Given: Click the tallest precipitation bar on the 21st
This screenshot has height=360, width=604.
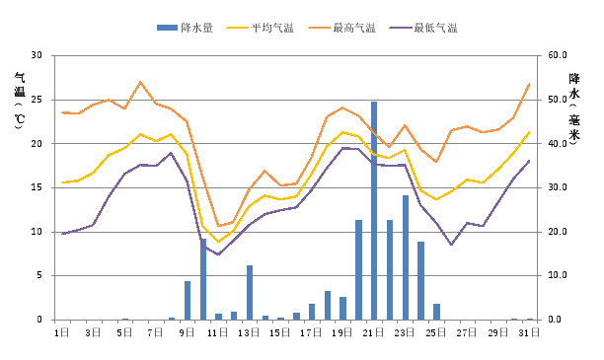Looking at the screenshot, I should tap(374, 211).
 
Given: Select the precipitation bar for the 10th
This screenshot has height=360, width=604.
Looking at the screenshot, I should tap(203, 279).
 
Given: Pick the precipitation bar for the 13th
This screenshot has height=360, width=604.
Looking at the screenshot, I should tap(250, 293).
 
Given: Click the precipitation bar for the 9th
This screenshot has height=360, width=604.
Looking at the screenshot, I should tap(188, 301).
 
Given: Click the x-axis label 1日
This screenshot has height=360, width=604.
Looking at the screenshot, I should tap(62, 333).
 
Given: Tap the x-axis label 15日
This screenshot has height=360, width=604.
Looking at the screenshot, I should tap(280, 333).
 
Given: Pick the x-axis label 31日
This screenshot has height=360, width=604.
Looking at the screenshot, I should tap(530, 333).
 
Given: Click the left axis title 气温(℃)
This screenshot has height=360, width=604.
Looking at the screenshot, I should tap(19, 101).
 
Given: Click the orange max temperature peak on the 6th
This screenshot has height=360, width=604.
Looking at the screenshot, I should tap(140, 82).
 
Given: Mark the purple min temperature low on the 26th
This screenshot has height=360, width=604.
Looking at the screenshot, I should tap(452, 245).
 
